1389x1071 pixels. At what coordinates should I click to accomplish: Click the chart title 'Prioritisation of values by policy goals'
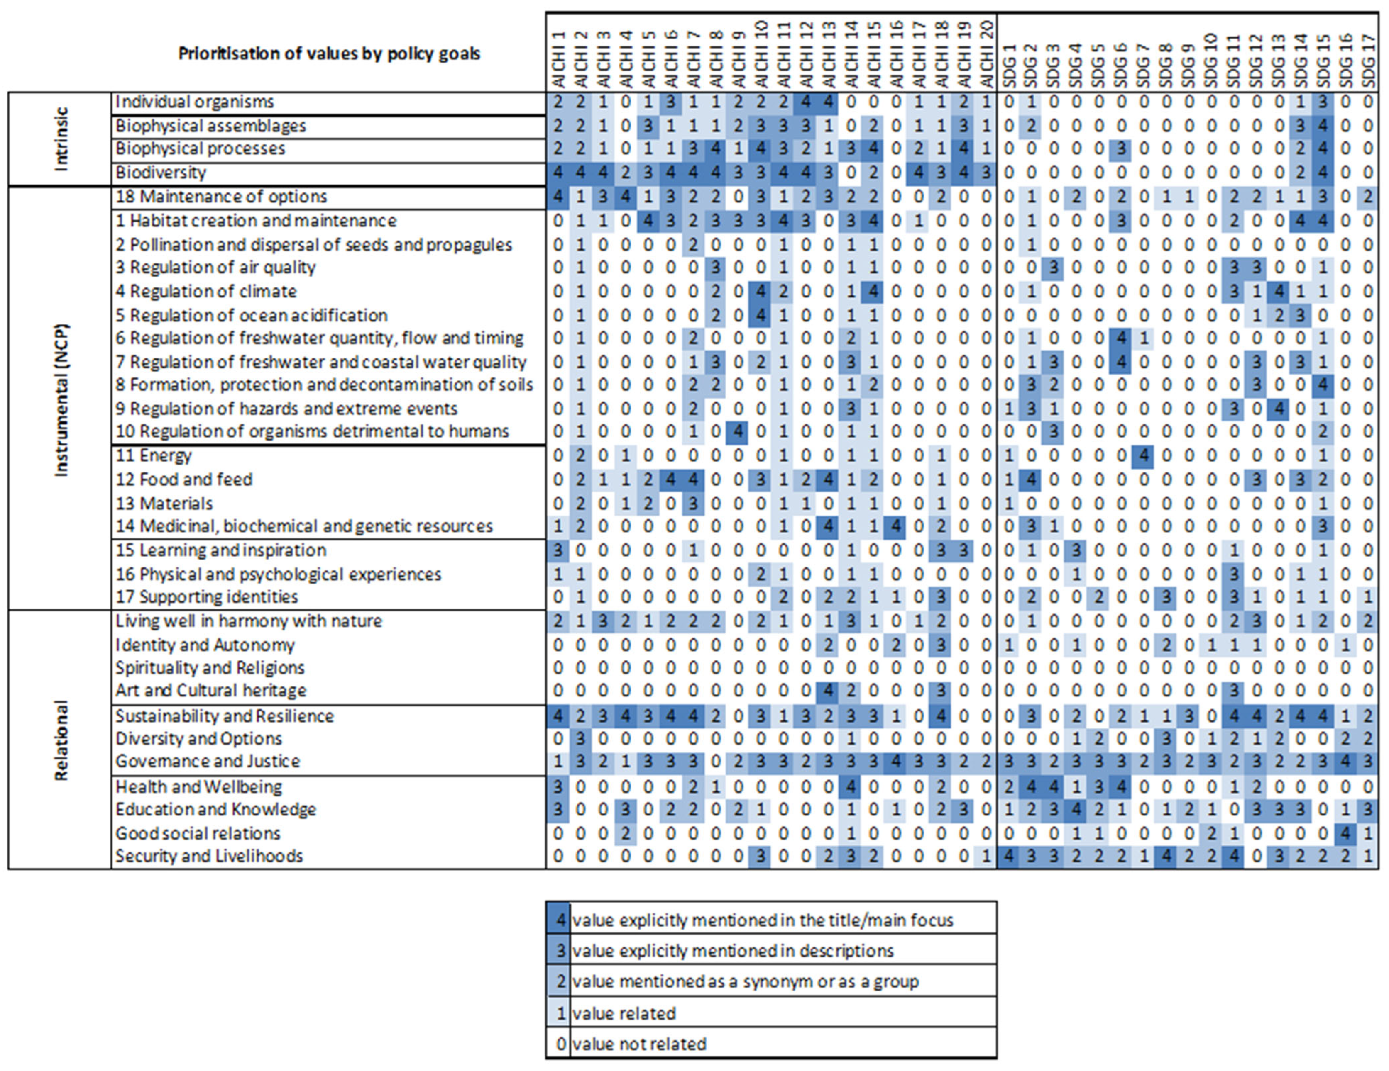point(329,54)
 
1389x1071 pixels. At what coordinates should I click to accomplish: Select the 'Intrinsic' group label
point(61,139)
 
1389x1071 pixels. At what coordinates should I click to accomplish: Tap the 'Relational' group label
point(61,740)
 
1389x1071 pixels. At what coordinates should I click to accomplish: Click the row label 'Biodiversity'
point(161,172)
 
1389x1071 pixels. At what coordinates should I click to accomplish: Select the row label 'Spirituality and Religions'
point(210,668)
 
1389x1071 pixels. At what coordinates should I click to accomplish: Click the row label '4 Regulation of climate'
point(206,291)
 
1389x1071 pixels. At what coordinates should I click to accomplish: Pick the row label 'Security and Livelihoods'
point(209,856)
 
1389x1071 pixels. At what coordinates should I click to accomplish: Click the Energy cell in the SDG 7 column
point(1143,455)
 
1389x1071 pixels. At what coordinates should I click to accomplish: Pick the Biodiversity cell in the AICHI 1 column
point(558,172)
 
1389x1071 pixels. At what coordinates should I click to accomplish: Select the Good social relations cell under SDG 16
point(1345,832)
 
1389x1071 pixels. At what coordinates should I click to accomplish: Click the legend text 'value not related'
point(639,1044)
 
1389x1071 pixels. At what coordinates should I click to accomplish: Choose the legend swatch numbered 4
point(558,920)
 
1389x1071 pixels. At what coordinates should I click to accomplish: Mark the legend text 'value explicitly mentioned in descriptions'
point(733,951)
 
